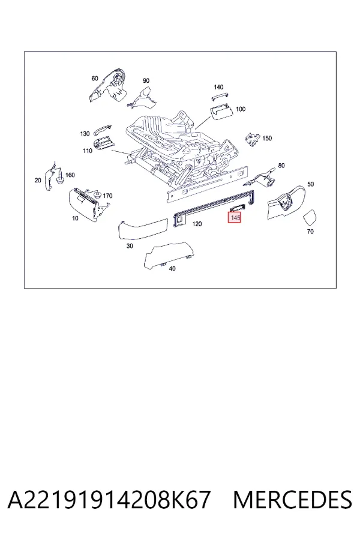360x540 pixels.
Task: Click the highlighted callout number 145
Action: click(x=235, y=218)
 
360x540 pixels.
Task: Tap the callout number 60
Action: click(x=95, y=79)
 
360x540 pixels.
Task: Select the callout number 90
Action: click(x=146, y=80)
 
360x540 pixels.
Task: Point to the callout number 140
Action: click(x=218, y=87)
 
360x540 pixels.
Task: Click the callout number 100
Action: click(x=241, y=109)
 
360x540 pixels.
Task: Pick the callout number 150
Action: click(x=267, y=138)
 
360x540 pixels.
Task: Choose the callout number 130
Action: click(x=85, y=134)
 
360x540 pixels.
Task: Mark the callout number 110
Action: click(x=88, y=151)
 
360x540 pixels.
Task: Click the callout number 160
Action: click(x=70, y=175)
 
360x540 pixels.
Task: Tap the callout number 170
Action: click(x=107, y=196)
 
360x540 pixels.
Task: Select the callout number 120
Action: click(x=197, y=224)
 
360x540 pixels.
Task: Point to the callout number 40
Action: click(x=172, y=268)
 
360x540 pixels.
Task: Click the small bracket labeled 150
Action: click(x=252, y=139)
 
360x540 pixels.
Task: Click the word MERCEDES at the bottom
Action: click(x=293, y=500)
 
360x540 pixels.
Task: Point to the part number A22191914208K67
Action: click(x=109, y=500)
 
